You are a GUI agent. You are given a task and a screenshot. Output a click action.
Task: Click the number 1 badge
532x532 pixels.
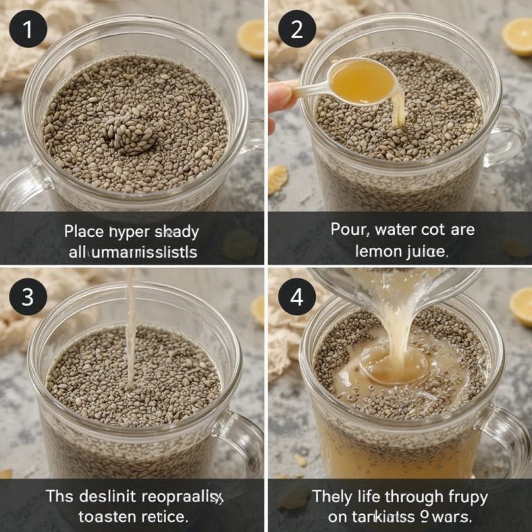coord(28,30)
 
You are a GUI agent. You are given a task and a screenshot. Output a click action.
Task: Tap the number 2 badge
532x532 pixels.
coord(296,30)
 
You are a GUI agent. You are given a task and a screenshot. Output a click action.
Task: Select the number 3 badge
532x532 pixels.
coord(28,297)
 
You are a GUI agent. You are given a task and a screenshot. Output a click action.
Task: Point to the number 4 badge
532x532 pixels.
coord(296,297)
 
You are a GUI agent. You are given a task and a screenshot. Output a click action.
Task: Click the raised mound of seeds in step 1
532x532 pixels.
coord(130,132)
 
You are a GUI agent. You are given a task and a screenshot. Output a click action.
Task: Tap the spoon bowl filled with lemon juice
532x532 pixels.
coord(362,82)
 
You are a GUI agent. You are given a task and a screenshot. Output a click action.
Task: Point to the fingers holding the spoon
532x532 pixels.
coord(281,97)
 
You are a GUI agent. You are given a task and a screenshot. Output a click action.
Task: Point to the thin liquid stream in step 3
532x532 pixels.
coord(130,332)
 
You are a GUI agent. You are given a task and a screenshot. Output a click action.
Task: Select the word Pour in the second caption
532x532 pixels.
coord(346,229)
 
